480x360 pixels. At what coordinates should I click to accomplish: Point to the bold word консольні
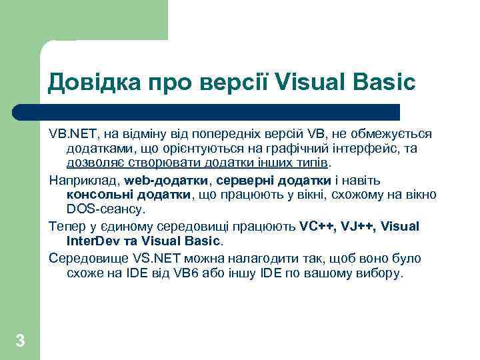tap(99, 195)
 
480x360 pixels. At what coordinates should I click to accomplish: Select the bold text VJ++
tap(357, 226)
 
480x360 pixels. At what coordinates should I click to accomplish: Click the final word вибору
tap(381, 273)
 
